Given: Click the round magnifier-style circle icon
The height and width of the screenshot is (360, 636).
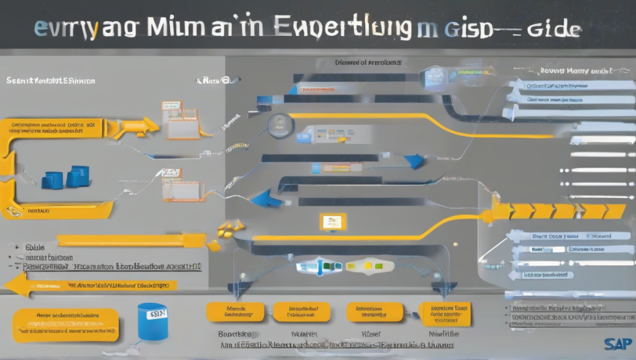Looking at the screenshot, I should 277,125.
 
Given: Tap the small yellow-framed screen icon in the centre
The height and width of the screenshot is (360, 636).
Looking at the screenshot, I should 332,222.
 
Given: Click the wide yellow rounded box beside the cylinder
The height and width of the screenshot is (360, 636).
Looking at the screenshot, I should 65,323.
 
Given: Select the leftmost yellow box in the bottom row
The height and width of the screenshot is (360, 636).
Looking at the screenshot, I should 235,312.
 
